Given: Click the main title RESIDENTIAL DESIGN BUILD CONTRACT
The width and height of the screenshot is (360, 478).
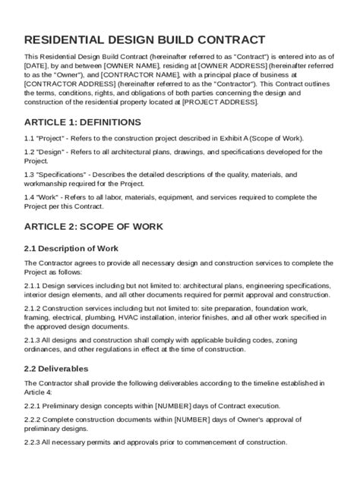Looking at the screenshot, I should pos(144,39).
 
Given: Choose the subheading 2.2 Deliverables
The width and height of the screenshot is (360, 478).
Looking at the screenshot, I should pos(61,368).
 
